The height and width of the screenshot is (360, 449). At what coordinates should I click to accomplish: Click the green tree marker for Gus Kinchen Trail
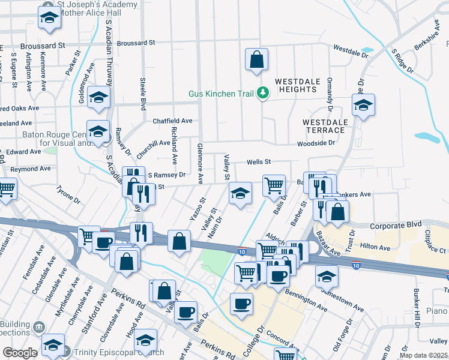262,93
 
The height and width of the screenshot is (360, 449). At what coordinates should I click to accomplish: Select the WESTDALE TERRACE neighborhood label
325,126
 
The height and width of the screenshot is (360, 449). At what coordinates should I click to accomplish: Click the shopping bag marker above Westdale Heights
256,60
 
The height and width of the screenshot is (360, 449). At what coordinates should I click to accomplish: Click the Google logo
20,353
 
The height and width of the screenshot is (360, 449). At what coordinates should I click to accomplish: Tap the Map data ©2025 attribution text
423,355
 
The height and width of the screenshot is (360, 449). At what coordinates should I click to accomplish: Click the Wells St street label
259,162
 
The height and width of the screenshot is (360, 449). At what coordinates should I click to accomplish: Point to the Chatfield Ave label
172,121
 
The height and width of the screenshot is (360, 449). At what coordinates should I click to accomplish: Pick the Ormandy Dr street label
330,95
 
